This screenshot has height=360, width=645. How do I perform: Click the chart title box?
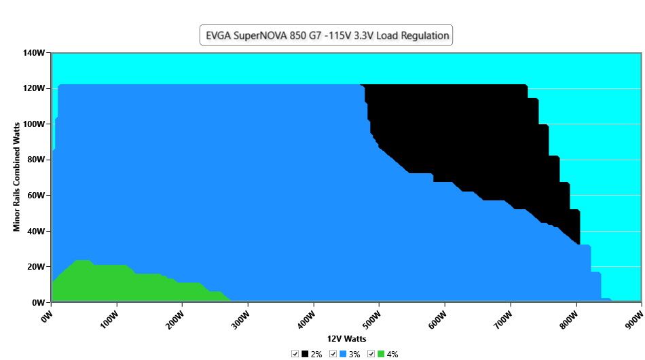click(x=326, y=35)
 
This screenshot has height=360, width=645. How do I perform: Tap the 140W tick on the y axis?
click(x=34, y=53)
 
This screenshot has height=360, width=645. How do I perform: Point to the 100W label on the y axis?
click(x=34, y=124)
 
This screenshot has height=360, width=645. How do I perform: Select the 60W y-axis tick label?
click(x=36, y=196)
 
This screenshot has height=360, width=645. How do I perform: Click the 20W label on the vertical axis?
click(x=36, y=267)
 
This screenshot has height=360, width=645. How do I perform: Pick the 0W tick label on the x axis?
click(x=48, y=317)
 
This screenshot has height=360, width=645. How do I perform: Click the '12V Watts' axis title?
click(x=346, y=339)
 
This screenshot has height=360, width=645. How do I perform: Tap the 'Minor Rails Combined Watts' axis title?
click(x=16, y=177)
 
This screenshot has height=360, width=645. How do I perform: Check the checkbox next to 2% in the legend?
click(x=295, y=354)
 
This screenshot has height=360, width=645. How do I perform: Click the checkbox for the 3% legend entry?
click(x=333, y=354)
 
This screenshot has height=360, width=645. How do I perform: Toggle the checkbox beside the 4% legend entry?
click(x=371, y=354)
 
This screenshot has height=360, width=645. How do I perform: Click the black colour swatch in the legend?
click(x=305, y=354)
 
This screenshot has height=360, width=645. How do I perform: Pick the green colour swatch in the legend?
click(x=381, y=354)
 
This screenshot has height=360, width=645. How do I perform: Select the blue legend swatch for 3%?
click(x=343, y=354)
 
